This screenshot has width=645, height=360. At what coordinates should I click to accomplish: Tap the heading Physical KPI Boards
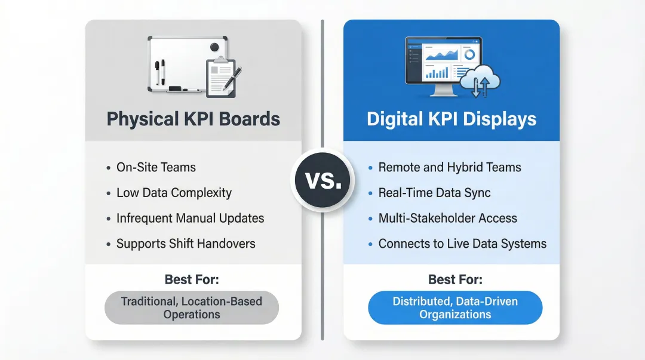pyautogui.click(x=193, y=119)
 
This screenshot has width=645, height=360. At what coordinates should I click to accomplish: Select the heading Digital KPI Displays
pyautogui.click(x=451, y=119)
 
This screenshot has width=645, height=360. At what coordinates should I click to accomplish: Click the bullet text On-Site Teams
pyautogui.click(x=156, y=168)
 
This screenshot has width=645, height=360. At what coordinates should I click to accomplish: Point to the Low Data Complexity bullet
pyautogui.click(x=174, y=193)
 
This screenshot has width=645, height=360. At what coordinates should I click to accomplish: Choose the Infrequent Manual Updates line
pyautogui.click(x=190, y=219)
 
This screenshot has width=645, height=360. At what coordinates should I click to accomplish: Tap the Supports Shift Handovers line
pyautogui.click(x=186, y=244)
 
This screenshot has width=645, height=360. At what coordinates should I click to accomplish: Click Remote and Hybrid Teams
pyautogui.click(x=450, y=168)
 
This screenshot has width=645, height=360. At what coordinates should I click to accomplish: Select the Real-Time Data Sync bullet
pyautogui.click(x=434, y=193)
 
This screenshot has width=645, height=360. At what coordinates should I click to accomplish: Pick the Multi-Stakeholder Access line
pyautogui.click(x=448, y=219)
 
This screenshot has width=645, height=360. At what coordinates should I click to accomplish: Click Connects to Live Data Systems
pyautogui.click(x=462, y=244)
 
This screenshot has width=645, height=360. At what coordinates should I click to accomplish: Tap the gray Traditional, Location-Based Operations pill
pyautogui.click(x=192, y=307)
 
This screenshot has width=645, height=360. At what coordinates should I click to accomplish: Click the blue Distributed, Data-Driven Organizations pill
pyautogui.click(x=455, y=307)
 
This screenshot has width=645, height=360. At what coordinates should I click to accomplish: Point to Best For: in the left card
pyautogui.click(x=192, y=279)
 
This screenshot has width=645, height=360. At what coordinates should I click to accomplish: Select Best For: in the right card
pyautogui.click(x=455, y=279)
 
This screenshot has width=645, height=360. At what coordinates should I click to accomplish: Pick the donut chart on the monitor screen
pyautogui.click(x=469, y=54)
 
